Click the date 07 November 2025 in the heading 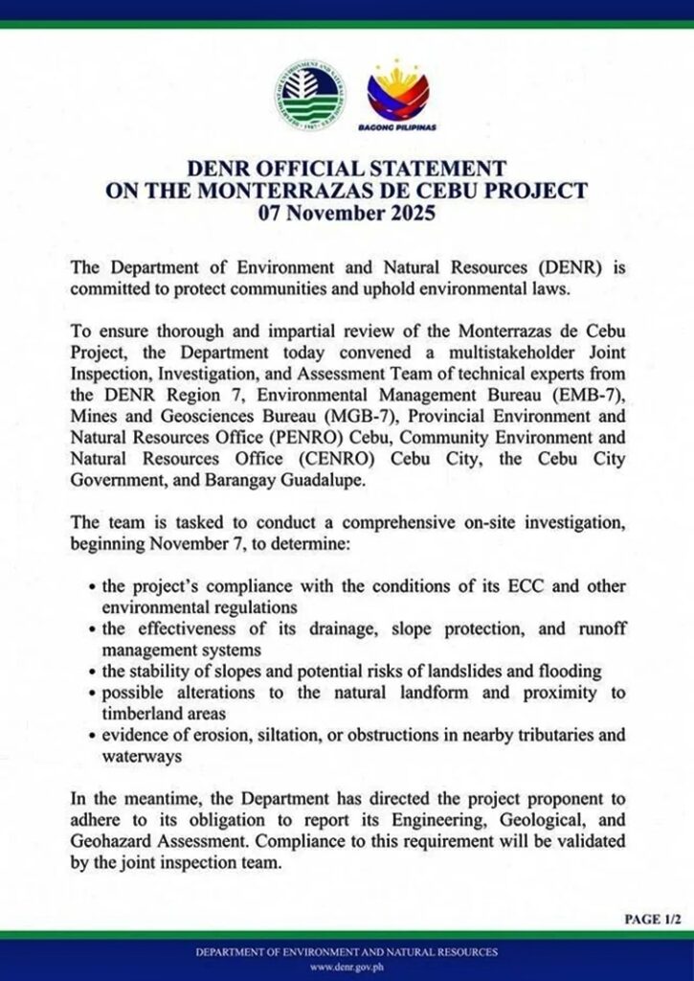[x=347, y=213]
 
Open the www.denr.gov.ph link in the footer [x=347, y=967]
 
